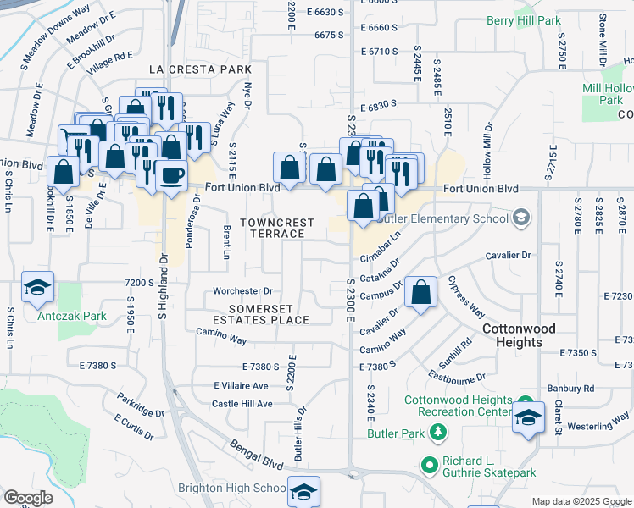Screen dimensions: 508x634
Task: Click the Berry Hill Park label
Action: click(x=525, y=20)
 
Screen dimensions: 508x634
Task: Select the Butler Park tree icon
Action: click(x=438, y=433)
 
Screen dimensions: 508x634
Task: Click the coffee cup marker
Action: click(x=172, y=175)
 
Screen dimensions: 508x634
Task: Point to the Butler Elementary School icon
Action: click(x=521, y=218)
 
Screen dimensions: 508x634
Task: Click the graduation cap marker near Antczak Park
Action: click(x=37, y=289)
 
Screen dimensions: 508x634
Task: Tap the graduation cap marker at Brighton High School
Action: click(x=304, y=492)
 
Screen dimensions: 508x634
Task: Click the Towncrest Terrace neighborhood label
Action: click(x=276, y=228)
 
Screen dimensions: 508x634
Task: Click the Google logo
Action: click(x=28, y=498)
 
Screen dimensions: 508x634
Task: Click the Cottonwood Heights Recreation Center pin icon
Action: click(x=526, y=405)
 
